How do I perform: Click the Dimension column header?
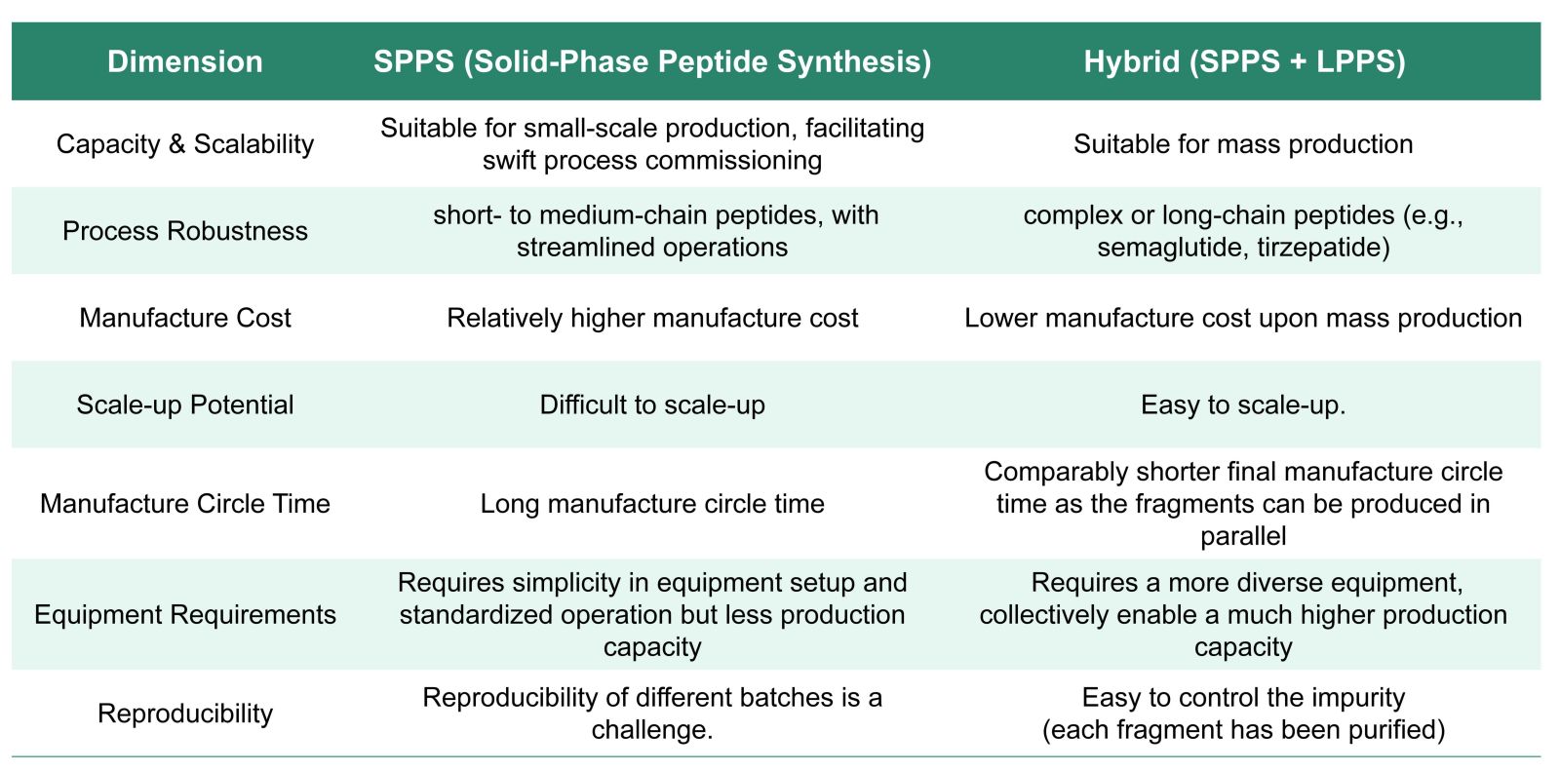[x=184, y=62]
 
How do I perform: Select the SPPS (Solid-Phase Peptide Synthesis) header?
[x=652, y=62]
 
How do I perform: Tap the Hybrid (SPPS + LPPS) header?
[x=1244, y=62]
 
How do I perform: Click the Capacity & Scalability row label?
[x=184, y=145]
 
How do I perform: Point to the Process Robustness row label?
[x=184, y=231]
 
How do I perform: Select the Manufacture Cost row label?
[x=184, y=318]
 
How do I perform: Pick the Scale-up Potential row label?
[x=184, y=405]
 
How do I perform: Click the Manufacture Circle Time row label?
[x=184, y=504]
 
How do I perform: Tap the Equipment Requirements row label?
[x=184, y=615]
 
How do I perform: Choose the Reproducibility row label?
[x=184, y=714]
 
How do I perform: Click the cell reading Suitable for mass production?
[x=1243, y=145]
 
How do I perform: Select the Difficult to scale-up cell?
[x=652, y=405]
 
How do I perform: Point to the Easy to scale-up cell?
[x=1243, y=405]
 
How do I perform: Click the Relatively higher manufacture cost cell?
[x=652, y=318]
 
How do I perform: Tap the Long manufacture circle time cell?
[x=652, y=504]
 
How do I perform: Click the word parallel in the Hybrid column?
[x=1243, y=537]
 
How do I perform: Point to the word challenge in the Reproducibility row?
[x=647, y=730]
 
